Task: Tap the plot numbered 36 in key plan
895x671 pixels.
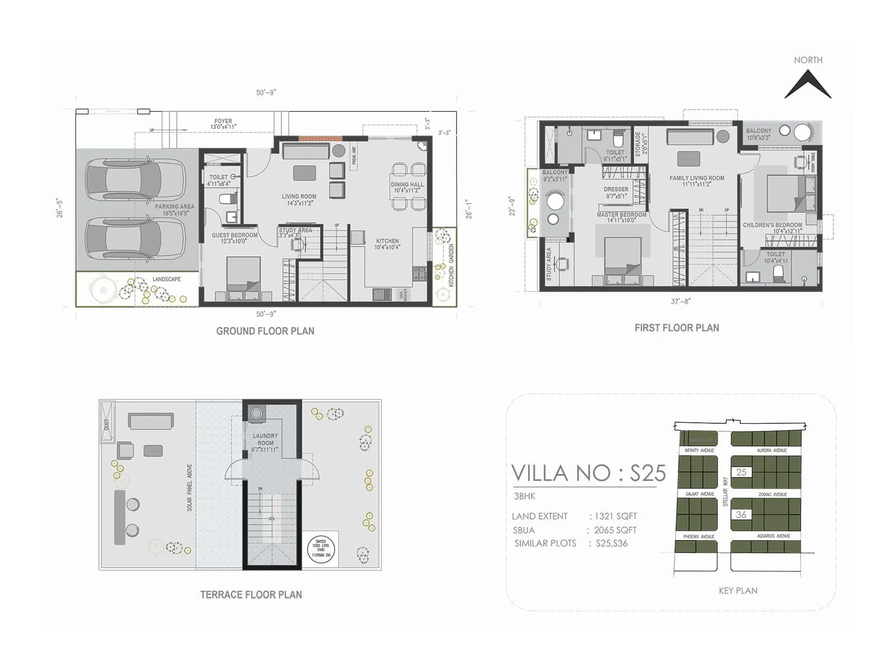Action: (741, 514)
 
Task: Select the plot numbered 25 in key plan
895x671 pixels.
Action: (741, 472)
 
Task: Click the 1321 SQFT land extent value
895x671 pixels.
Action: (615, 516)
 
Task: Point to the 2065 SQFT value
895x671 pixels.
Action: (615, 530)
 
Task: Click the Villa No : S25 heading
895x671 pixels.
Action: (588, 474)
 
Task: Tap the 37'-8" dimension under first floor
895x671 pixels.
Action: (681, 301)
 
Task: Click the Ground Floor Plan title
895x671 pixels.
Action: (265, 331)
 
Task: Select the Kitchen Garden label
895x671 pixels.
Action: (451, 265)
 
